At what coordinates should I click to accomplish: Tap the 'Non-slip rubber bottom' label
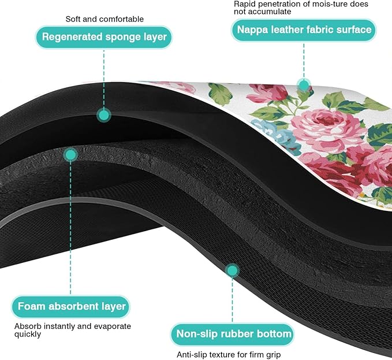[x=232, y=334]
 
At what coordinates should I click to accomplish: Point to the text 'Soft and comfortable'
[x=104, y=19]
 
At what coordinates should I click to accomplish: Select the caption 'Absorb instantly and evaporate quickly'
[x=72, y=330]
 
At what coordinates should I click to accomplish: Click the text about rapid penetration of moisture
[x=300, y=8]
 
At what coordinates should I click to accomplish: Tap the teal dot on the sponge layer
[x=103, y=116]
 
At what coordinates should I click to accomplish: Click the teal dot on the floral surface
[x=303, y=84]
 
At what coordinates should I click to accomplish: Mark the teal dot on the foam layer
[x=70, y=154]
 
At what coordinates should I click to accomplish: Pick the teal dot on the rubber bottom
[x=232, y=270]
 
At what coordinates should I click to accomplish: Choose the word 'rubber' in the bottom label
[x=242, y=334]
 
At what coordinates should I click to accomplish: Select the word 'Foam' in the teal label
[x=32, y=306]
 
